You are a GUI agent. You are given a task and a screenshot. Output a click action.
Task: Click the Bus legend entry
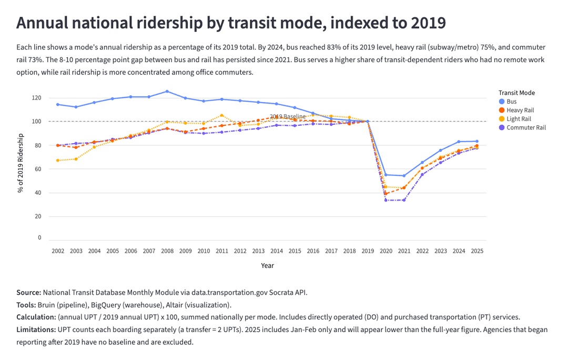[x=511, y=102]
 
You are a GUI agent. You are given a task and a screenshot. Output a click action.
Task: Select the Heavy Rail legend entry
[x=520, y=111]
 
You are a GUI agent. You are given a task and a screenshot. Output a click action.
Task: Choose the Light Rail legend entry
[x=519, y=119]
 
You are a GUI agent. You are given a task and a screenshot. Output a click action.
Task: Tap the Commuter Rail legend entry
[x=526, y=128]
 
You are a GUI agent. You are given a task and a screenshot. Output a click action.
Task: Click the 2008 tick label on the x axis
[x=167, y=252]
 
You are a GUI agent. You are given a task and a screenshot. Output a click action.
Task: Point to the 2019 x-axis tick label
[x=368, y=252]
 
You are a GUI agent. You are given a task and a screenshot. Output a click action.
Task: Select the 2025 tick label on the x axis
[x=477, y=252]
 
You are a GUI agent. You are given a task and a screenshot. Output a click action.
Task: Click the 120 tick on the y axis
[x=36, y=98]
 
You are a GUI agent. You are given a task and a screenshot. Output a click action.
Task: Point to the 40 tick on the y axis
[x=38, y=193]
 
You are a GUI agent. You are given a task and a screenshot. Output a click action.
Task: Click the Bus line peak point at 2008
[x=167, y=92]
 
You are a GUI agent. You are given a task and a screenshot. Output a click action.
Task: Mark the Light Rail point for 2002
[x=58, y=161]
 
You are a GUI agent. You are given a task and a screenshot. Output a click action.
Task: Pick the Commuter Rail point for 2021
[x=404, y=200]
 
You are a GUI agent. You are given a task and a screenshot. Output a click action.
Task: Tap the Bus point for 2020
[x=386, y=175]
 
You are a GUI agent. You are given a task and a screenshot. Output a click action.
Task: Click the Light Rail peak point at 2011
[x=222, y=115]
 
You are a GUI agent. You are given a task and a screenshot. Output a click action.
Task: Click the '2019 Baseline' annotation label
[x=288, y=117]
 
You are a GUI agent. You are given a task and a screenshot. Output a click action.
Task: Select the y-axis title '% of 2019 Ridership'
[x=21, y=163]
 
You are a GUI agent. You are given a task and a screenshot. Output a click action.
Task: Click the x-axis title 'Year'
[x=267, y=266]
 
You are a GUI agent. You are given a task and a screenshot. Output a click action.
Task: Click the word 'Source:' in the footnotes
[x=29, y=292]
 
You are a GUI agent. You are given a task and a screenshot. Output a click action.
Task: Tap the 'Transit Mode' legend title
[x=516, y=93]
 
